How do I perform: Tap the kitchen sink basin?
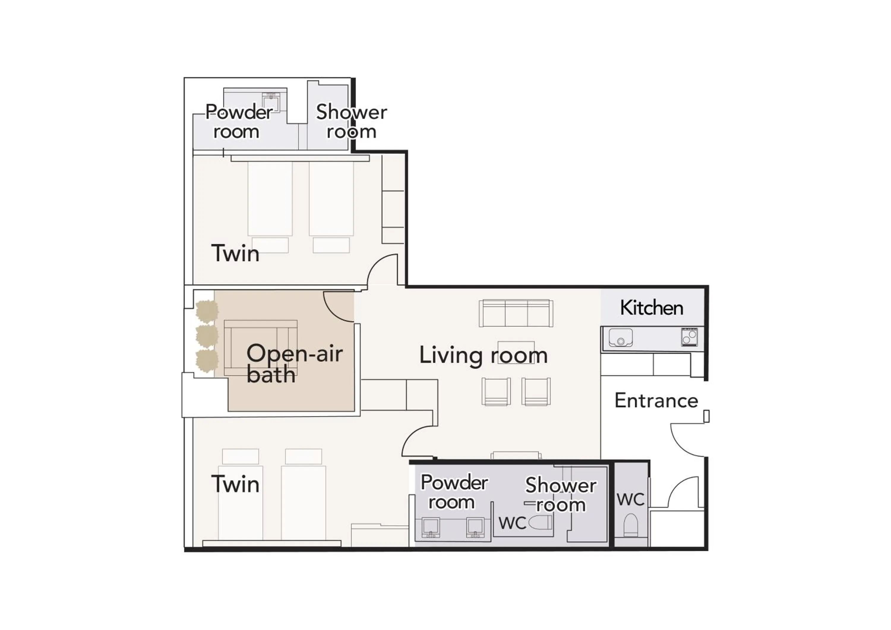click(620, 337)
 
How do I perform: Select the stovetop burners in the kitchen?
click(689, 337)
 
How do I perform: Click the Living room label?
click(483, 355)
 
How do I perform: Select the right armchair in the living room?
click(535, 392)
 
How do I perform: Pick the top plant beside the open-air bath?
click(206, 311)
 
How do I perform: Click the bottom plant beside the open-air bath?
click(206, 361)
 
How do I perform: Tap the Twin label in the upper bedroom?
click(235, 254)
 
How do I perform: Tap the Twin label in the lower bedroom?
click(235, 484)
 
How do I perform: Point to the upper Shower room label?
click(351, 121)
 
